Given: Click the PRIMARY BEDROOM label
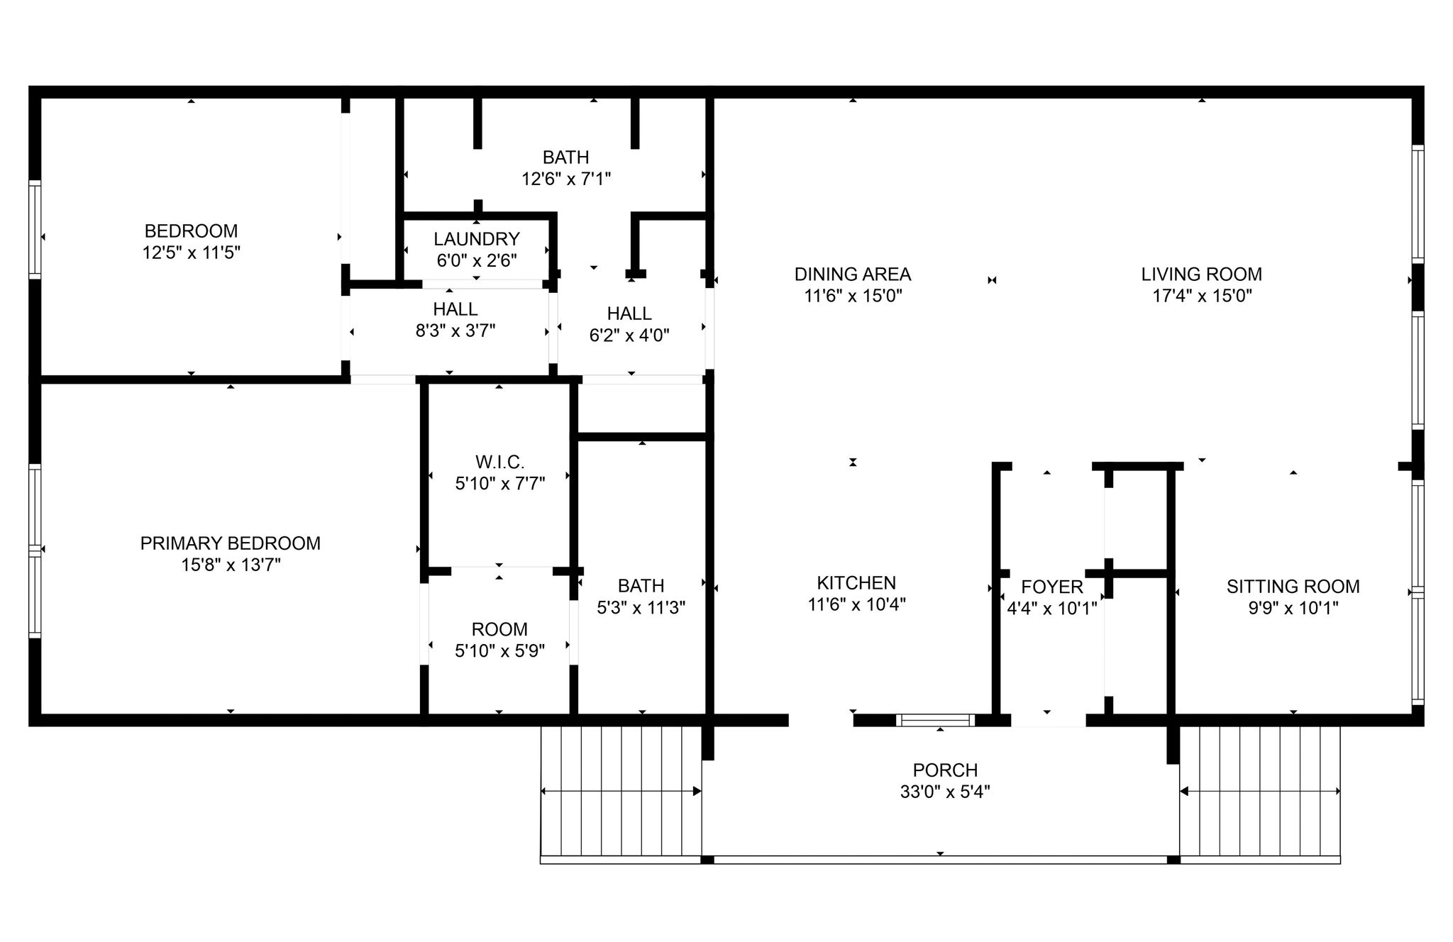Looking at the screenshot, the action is click(230, 543).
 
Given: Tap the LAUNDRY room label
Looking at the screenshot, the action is click(477, 239).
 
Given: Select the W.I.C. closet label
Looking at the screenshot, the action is click(499, 462).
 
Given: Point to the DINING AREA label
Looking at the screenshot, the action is click(853, 274).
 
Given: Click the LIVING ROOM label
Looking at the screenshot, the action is click(1202, 274).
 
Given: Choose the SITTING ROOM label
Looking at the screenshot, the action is click(1293, 587).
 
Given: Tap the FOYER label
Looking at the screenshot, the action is click(1052, 587).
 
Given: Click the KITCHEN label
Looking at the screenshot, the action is click(856, 583).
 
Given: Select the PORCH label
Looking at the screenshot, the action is click(945, 770).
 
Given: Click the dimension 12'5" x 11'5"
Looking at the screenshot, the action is click(192, 253).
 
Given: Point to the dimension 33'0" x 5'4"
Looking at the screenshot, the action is click(945, 792).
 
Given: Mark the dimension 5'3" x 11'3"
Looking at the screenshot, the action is click(641, 608).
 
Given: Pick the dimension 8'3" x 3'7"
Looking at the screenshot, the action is click(455, 331).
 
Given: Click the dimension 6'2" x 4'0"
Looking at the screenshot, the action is click(629, 335).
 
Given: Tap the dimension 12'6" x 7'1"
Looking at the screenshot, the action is click(566, 179).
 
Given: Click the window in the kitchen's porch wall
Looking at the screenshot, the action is click(935, 721).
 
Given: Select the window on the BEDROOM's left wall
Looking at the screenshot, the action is click(35, 229).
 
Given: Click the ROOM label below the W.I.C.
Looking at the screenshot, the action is click(499, 629).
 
